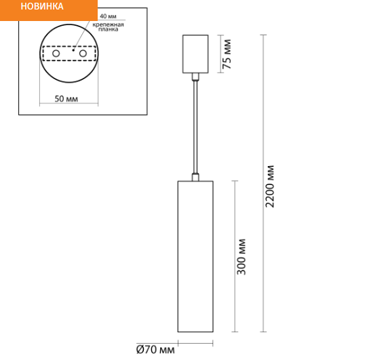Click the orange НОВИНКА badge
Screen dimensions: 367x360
click(49, 10)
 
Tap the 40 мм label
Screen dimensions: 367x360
click(108, 16)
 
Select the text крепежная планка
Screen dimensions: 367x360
click(108, 27)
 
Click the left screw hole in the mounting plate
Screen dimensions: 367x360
click(56, 54)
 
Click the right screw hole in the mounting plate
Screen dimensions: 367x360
click(83, 54)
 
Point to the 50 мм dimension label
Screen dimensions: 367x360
click(66, 99)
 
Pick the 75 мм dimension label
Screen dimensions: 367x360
click(227, 54)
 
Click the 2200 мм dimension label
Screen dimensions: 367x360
click(269, 186)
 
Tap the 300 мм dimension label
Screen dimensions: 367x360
click(242, 256)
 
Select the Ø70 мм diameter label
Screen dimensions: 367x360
click(155, 350)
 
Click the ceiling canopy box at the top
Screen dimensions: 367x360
click(195, 54)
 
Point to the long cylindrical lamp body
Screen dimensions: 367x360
click(195, 256)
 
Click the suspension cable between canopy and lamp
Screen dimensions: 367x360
click(195, 127)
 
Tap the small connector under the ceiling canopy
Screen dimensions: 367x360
click(195, 77)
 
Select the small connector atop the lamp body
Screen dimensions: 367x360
click(195, 177)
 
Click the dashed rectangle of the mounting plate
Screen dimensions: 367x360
click(69, 46)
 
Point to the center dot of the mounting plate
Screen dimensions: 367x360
click(73, 50)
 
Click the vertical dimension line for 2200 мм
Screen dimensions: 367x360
click(263, 183)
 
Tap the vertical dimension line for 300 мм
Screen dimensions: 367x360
click(235, 256)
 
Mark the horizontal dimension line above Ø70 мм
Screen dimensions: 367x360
click(195, 343)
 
